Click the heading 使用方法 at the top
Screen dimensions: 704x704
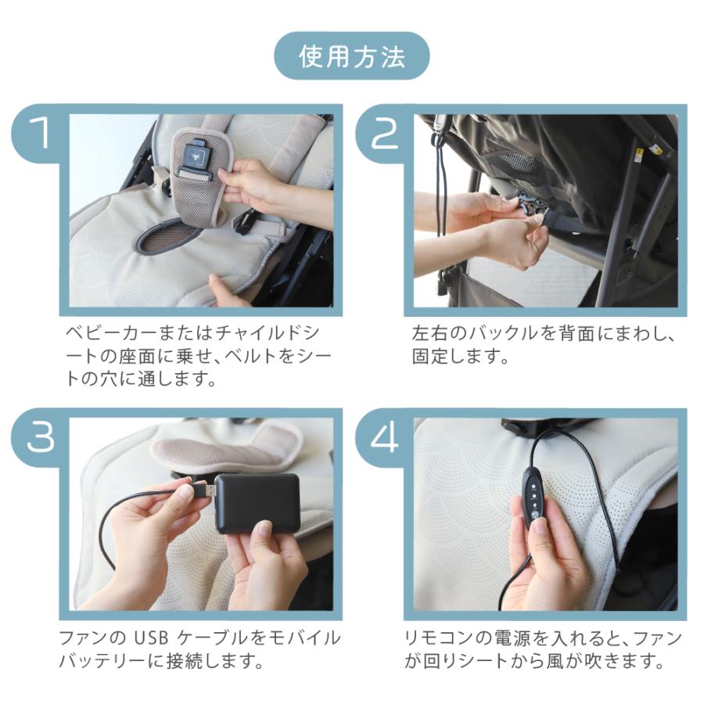(x=351, y=56)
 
